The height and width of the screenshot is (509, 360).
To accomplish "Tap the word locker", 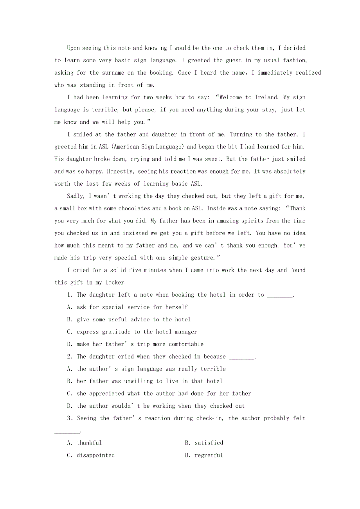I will click(115, 283).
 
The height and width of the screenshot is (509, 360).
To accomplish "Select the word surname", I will click(113, 73).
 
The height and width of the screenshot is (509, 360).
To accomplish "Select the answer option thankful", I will click(89, 443).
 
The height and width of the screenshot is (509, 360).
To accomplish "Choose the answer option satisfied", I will click(209, 443).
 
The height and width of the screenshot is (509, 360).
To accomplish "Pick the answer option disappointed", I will click(95, 455).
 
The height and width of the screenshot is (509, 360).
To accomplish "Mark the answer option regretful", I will click(209, 455).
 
